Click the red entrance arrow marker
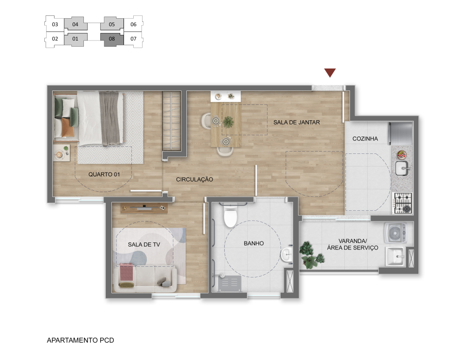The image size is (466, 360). pyautogui.click(x=330, y=73)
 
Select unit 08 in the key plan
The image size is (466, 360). pyautogui.click(x=112, y=39)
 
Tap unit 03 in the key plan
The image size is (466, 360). pyautogui.click(x=55, y=24)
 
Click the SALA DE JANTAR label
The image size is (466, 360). pyautogui.click(x=296, y=122)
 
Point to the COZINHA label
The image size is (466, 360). pyautogui.click(x=365, y=138)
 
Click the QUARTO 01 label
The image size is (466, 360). pyautogui.click(x=104, y=174)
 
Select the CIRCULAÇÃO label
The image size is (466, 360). pyautogui.click(x=194, y=180)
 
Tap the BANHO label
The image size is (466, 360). pyautogui.click(x=254, y=243)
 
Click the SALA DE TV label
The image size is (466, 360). pyautogui.click(x=144, y=244)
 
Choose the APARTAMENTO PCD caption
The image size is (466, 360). pyautogui.click(x=80, y=340)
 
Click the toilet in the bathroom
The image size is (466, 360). pyautogui.click(x=230, y=215)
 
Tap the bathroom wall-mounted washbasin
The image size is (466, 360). pyautogui.click(x=287, y=255)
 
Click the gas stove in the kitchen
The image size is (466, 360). pyautogui.click(x=403, y=203)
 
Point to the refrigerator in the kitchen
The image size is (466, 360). pyautogui.click(x=401, y=133)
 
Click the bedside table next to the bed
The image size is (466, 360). pyautogui.click(x=62, y=153)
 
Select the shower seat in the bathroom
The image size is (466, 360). pyautogui.click(x=230, y=284)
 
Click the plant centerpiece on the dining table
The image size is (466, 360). pyautogui.click(x=228, y=122)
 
